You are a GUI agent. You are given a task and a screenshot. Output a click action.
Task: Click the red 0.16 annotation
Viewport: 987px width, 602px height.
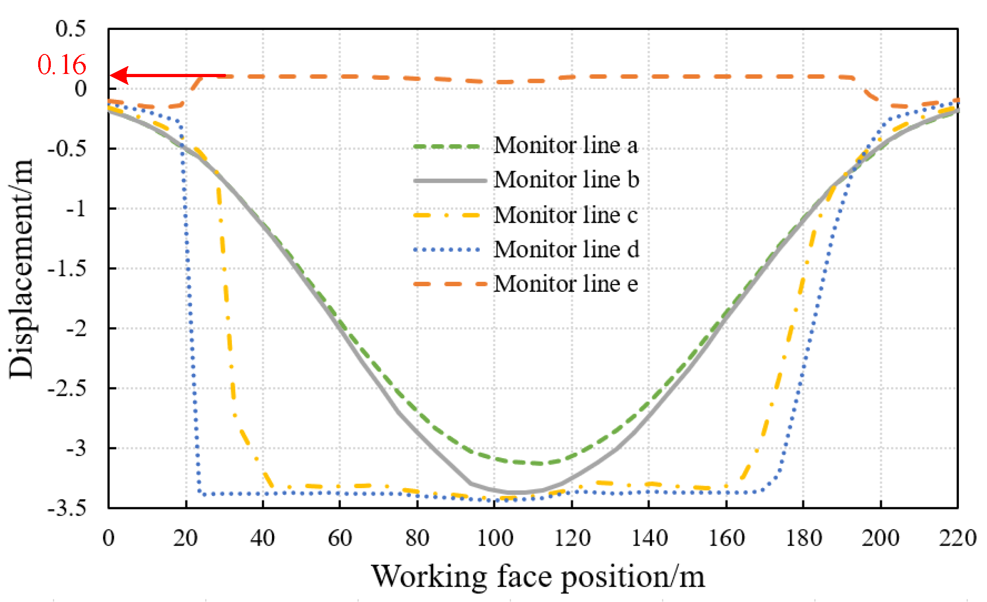click(x=62, y=65)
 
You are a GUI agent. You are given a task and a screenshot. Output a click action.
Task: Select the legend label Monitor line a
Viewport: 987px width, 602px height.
click(x=566, y=145)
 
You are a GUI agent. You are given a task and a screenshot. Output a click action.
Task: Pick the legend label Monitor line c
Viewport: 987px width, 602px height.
click(x=566, y=215)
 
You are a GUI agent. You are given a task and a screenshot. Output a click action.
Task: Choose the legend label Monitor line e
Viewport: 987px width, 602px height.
click(x=566, y=284)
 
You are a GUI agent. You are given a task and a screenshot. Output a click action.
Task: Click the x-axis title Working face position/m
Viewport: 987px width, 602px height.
click(x=538, y=577)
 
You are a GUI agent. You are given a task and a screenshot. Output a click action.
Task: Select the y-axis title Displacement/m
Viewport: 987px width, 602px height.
click(x=21, y=269)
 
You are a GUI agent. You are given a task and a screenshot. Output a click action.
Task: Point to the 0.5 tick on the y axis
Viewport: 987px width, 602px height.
click(x=71, y=29)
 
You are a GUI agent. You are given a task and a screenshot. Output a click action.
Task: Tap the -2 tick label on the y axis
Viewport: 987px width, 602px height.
click(x=76, y=328)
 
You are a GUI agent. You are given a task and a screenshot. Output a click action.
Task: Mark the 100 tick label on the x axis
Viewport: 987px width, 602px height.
click(x=495, y=538)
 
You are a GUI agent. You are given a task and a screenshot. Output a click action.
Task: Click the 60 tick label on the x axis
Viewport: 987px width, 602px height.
click(x=340, y=538)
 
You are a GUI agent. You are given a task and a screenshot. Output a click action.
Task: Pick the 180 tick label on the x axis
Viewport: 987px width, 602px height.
click(x=804, y=538)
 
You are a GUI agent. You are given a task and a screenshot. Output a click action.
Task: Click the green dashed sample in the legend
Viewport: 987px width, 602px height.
click(x=447, y=147)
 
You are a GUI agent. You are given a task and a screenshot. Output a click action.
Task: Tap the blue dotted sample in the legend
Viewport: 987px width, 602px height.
click(x=447, y=250)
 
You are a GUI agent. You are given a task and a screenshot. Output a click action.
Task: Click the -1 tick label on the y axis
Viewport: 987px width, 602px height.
click(x=76, y=209)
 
